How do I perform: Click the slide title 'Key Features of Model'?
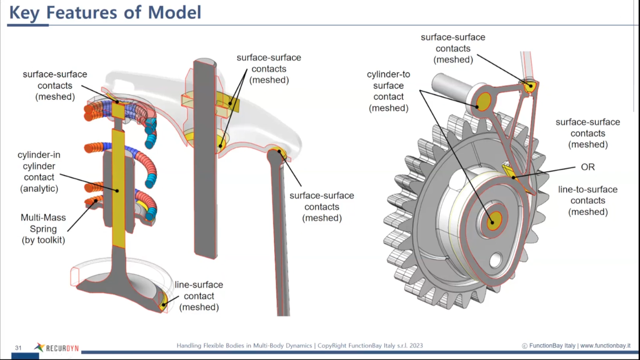tap(105, 12)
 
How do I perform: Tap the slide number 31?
tap(18, 348)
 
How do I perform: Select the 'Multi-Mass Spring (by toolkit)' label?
tap(44, 229)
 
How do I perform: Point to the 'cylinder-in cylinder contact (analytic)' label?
tap(39, 171)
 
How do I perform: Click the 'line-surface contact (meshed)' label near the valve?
tap(199, 296)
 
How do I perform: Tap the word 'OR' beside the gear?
tap(588, 167)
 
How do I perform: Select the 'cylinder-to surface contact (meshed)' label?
tap(388, 91)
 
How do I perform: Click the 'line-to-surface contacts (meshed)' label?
tap(588, 201)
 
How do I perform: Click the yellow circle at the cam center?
tap(493, 219)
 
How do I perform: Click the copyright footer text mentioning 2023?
tap(300, 346)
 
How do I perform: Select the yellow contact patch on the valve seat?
tap(164, 302)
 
